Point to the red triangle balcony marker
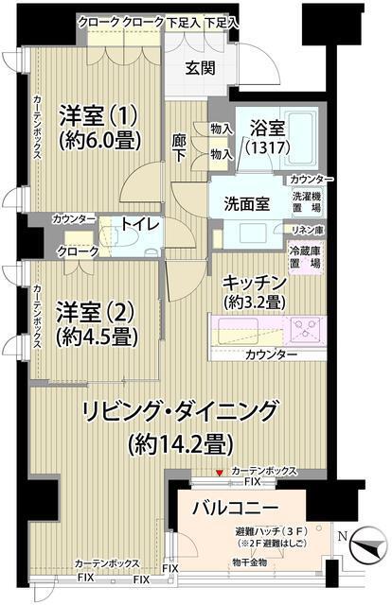220,473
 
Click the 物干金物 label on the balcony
249,562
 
